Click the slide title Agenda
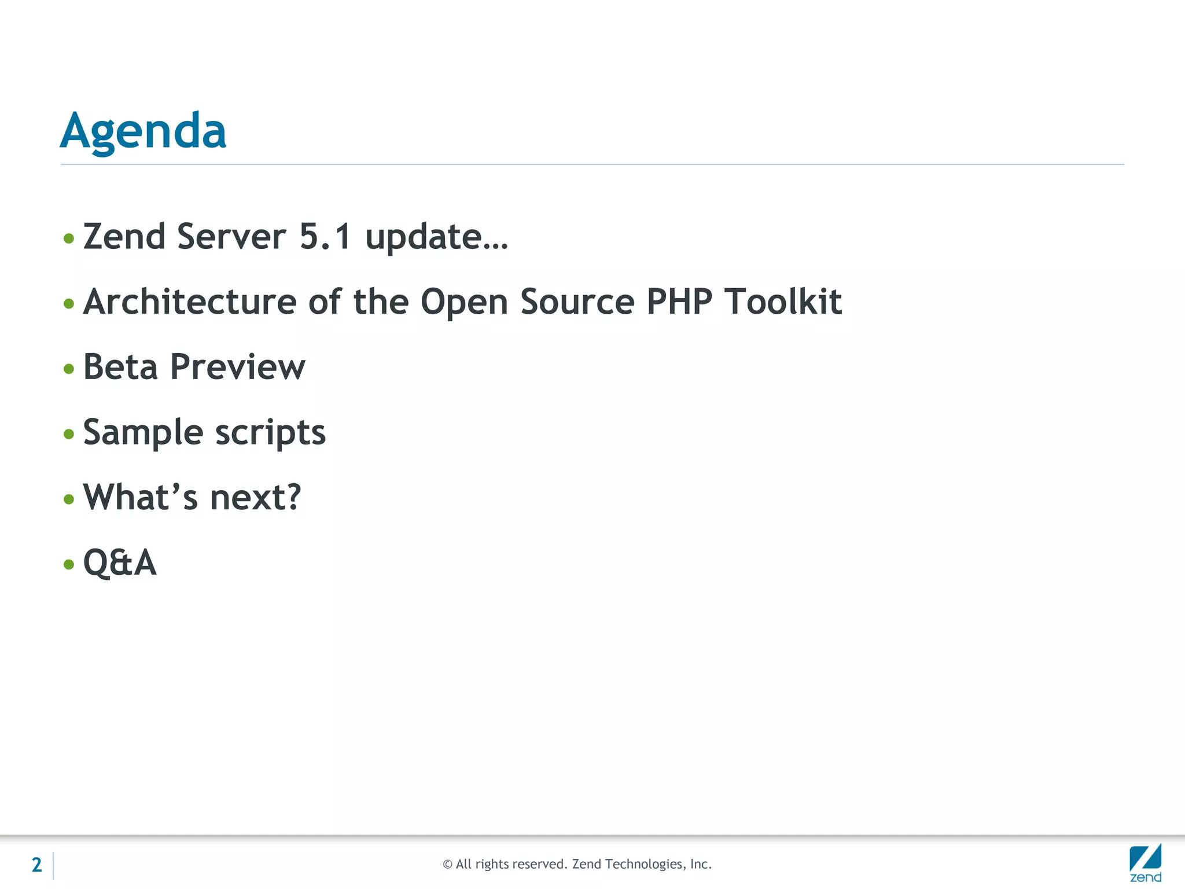tap(143, 131)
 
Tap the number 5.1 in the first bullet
tap(325, 237)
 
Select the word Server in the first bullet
tap(231, 237)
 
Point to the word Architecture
tap(190, 302)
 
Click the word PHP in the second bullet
tap(679, 302)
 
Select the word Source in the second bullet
tap(577, 302)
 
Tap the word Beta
tap(120, 367)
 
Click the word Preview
tap(238, 367)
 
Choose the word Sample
tap(143, 432)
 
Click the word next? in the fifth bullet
tap(255, 497)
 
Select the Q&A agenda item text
tap(120, 563)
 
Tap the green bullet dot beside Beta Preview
tap(69, 369)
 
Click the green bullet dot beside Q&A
tap(69, 564)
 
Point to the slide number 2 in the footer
tap(36, 865)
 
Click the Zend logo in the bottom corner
tap(1145, 862)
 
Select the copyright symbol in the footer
tap(447, 865)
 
